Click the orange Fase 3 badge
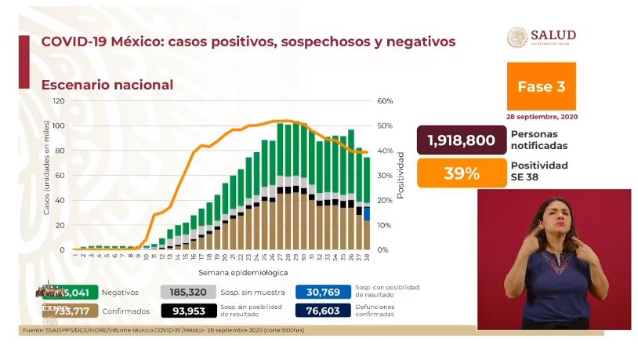coord(541,86)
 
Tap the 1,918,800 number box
coord(461,140)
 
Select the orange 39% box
coord(461,173)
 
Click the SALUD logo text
coord(553,35)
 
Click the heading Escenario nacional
coord(107,85)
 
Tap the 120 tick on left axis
coord(59,101)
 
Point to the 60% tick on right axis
coord(384,101)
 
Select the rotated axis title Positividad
coord(401,175)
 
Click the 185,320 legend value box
coord(186,291)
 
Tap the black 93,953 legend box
coord(186,310)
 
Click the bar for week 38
coord(367,204)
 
